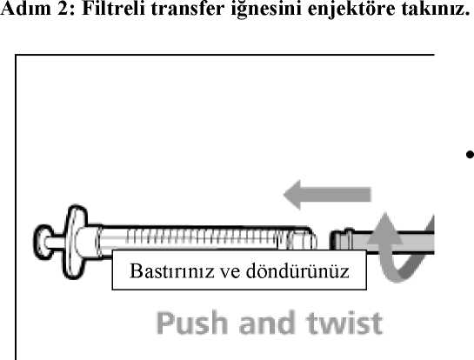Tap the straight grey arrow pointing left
tap(327, 195)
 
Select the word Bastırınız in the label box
tap(171, 270)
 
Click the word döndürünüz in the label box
tap(297, 270)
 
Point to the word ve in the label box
tap(230, 272)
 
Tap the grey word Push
tap(192, 323)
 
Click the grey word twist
tap(344, 323)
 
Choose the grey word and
tap(267, 323)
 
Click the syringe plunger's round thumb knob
tap(43, 242)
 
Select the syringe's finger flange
tap(75, 242)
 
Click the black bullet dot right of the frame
tap(470, 155)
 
